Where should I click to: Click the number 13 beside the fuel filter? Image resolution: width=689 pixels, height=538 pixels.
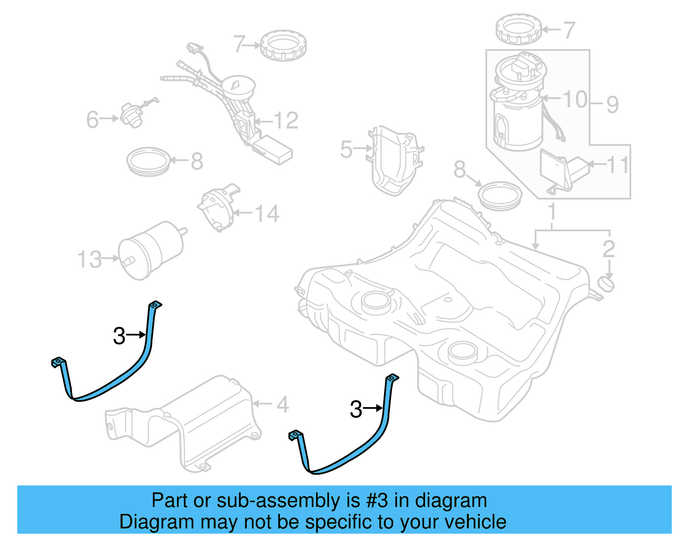click(89, 260)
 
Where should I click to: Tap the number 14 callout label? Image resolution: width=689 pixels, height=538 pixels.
click(267, 214)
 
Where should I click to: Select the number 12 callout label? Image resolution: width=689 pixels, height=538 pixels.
click(286, 121)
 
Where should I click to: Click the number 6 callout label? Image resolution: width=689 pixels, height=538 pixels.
click(92, 120)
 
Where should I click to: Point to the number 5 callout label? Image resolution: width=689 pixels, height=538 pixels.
click(346, 149)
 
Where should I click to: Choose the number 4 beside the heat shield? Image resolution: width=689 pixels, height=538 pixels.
click(282, 404)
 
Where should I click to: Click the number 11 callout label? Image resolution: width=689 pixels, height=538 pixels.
click(618, 165)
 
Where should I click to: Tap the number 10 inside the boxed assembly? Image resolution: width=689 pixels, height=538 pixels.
click(575, 100)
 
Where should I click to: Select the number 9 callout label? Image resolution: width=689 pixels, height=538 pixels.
click(612, 105)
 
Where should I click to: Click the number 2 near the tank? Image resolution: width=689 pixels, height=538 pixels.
click(608, 249)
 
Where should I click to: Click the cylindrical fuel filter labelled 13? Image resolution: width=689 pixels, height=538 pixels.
click(151, 250)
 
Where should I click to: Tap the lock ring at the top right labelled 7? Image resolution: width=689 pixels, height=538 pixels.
click(518, 29)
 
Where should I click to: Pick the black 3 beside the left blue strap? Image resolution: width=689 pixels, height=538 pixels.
click(119, 336)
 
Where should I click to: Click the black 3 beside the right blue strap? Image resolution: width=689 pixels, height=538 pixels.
click(356, 409)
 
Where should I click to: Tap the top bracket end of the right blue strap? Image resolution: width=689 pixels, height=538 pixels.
click(392, 378)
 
